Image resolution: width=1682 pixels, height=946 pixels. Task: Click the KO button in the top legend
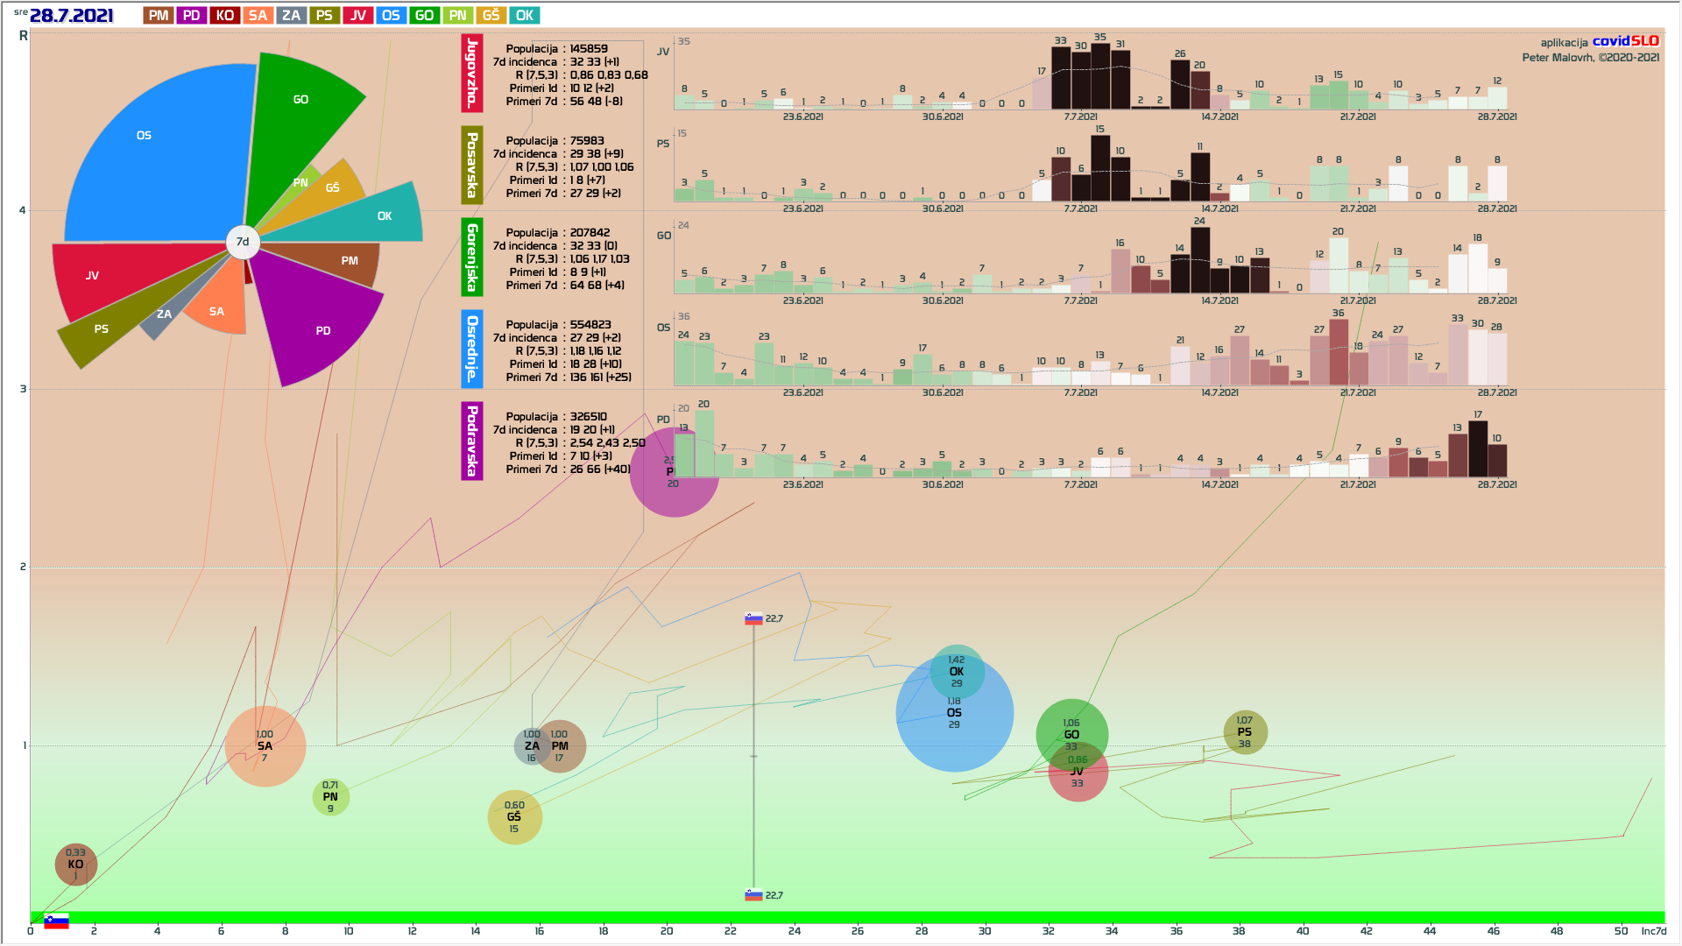point(224,15)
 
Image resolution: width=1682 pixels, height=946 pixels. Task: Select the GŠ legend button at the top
point(491,15)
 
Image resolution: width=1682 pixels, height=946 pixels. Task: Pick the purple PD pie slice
point(315,324)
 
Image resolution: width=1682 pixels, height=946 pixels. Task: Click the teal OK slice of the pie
point(377,215)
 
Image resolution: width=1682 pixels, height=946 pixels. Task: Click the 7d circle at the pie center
point(243,242)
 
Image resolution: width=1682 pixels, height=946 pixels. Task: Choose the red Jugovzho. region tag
point(472,74)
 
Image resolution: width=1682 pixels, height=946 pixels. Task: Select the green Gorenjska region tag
point(472,258)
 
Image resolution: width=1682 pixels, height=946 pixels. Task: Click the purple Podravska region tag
point(472,441)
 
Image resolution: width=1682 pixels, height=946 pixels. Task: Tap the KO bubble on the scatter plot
point(75,865)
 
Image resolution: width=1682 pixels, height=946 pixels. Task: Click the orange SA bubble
point(265,746)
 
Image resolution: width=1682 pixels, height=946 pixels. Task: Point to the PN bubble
point(330,797)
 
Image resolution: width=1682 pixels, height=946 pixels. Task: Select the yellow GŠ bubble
point(514,817)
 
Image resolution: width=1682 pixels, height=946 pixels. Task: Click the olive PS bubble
point(1245,732)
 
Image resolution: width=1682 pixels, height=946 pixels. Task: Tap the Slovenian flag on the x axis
point(56,921)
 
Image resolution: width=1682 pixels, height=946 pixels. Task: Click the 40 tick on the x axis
point(1303,930)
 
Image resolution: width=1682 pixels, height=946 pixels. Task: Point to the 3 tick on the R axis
point(24,389)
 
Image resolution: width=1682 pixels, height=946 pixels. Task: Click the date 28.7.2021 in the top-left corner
point(71,16)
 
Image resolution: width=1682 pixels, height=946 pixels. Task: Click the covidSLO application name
point(1625,41)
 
